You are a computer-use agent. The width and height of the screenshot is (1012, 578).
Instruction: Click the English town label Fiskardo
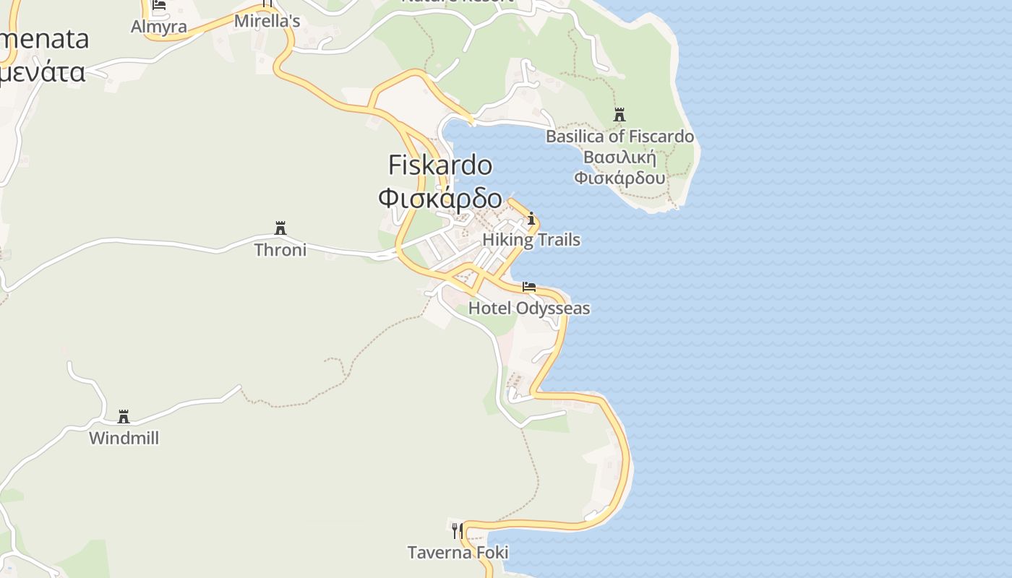(440, 165)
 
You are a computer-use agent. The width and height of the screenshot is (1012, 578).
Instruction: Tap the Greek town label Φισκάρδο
(440, 197)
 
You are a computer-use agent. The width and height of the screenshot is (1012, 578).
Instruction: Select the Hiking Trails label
(531, 240)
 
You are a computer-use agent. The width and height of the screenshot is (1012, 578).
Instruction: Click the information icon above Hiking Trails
(531, 218)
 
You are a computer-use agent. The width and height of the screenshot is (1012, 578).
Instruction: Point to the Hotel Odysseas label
(529, 309)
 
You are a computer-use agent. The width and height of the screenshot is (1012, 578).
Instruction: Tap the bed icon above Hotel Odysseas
(529, 287)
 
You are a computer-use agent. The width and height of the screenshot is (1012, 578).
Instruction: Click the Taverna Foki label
(458, 553)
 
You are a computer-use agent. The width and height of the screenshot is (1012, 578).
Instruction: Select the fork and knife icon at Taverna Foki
(457, 531)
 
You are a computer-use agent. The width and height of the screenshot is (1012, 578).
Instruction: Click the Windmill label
(124, 438)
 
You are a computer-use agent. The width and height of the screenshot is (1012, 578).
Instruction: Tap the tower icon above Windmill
(124, 417)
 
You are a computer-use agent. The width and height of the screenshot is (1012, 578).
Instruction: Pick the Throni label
(280, 250)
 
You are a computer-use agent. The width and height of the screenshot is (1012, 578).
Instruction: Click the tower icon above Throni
(280, 228)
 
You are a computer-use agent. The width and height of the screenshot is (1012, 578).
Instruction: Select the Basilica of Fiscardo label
(619, 137)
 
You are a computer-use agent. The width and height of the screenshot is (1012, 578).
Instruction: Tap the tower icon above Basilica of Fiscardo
(619, 114)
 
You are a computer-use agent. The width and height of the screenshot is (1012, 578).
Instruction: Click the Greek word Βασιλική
(619, 158)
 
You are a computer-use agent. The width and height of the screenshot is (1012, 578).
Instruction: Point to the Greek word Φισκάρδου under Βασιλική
(619, 177)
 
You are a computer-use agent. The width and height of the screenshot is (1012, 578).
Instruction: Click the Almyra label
(159, 27)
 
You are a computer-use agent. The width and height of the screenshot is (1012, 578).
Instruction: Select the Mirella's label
(267, 22)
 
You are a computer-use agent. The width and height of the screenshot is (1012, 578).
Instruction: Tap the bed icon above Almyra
(159, 4)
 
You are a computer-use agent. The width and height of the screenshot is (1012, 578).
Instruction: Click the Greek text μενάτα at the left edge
(43, 72)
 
